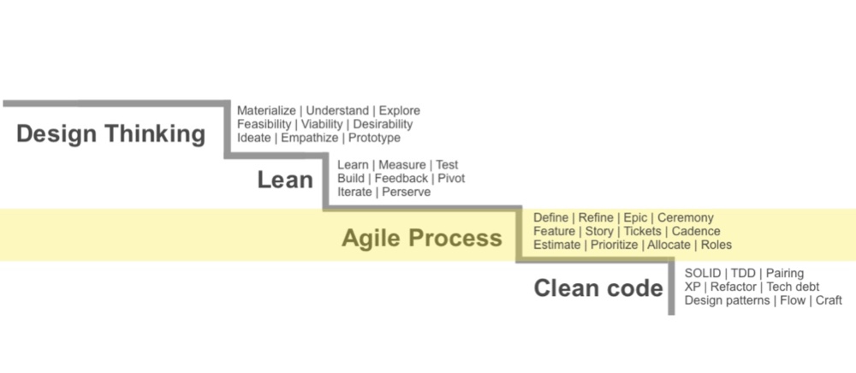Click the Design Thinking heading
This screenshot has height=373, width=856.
(110, 133)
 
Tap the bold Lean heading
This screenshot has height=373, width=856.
(285, 180)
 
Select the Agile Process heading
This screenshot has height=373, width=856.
(422, 238)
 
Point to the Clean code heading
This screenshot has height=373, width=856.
(598, 288)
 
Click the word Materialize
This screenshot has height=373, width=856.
(266, 110)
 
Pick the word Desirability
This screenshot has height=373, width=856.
(383, 124)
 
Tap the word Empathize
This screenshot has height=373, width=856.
(310, 138)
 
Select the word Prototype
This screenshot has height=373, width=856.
(375, 138)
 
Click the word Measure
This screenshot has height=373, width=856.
(401, 165)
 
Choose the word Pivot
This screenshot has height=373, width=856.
(451, 178)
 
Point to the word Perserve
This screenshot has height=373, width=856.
(406, 192)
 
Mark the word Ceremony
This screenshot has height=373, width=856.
(685, 218)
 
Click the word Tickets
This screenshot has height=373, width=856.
(642, 231)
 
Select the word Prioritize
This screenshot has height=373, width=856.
(614, 245)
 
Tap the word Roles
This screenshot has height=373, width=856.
(716, 245)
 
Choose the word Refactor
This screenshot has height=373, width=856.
(734, 287)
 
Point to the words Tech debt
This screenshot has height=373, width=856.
(794, 287)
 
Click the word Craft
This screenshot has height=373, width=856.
(829, 300)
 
